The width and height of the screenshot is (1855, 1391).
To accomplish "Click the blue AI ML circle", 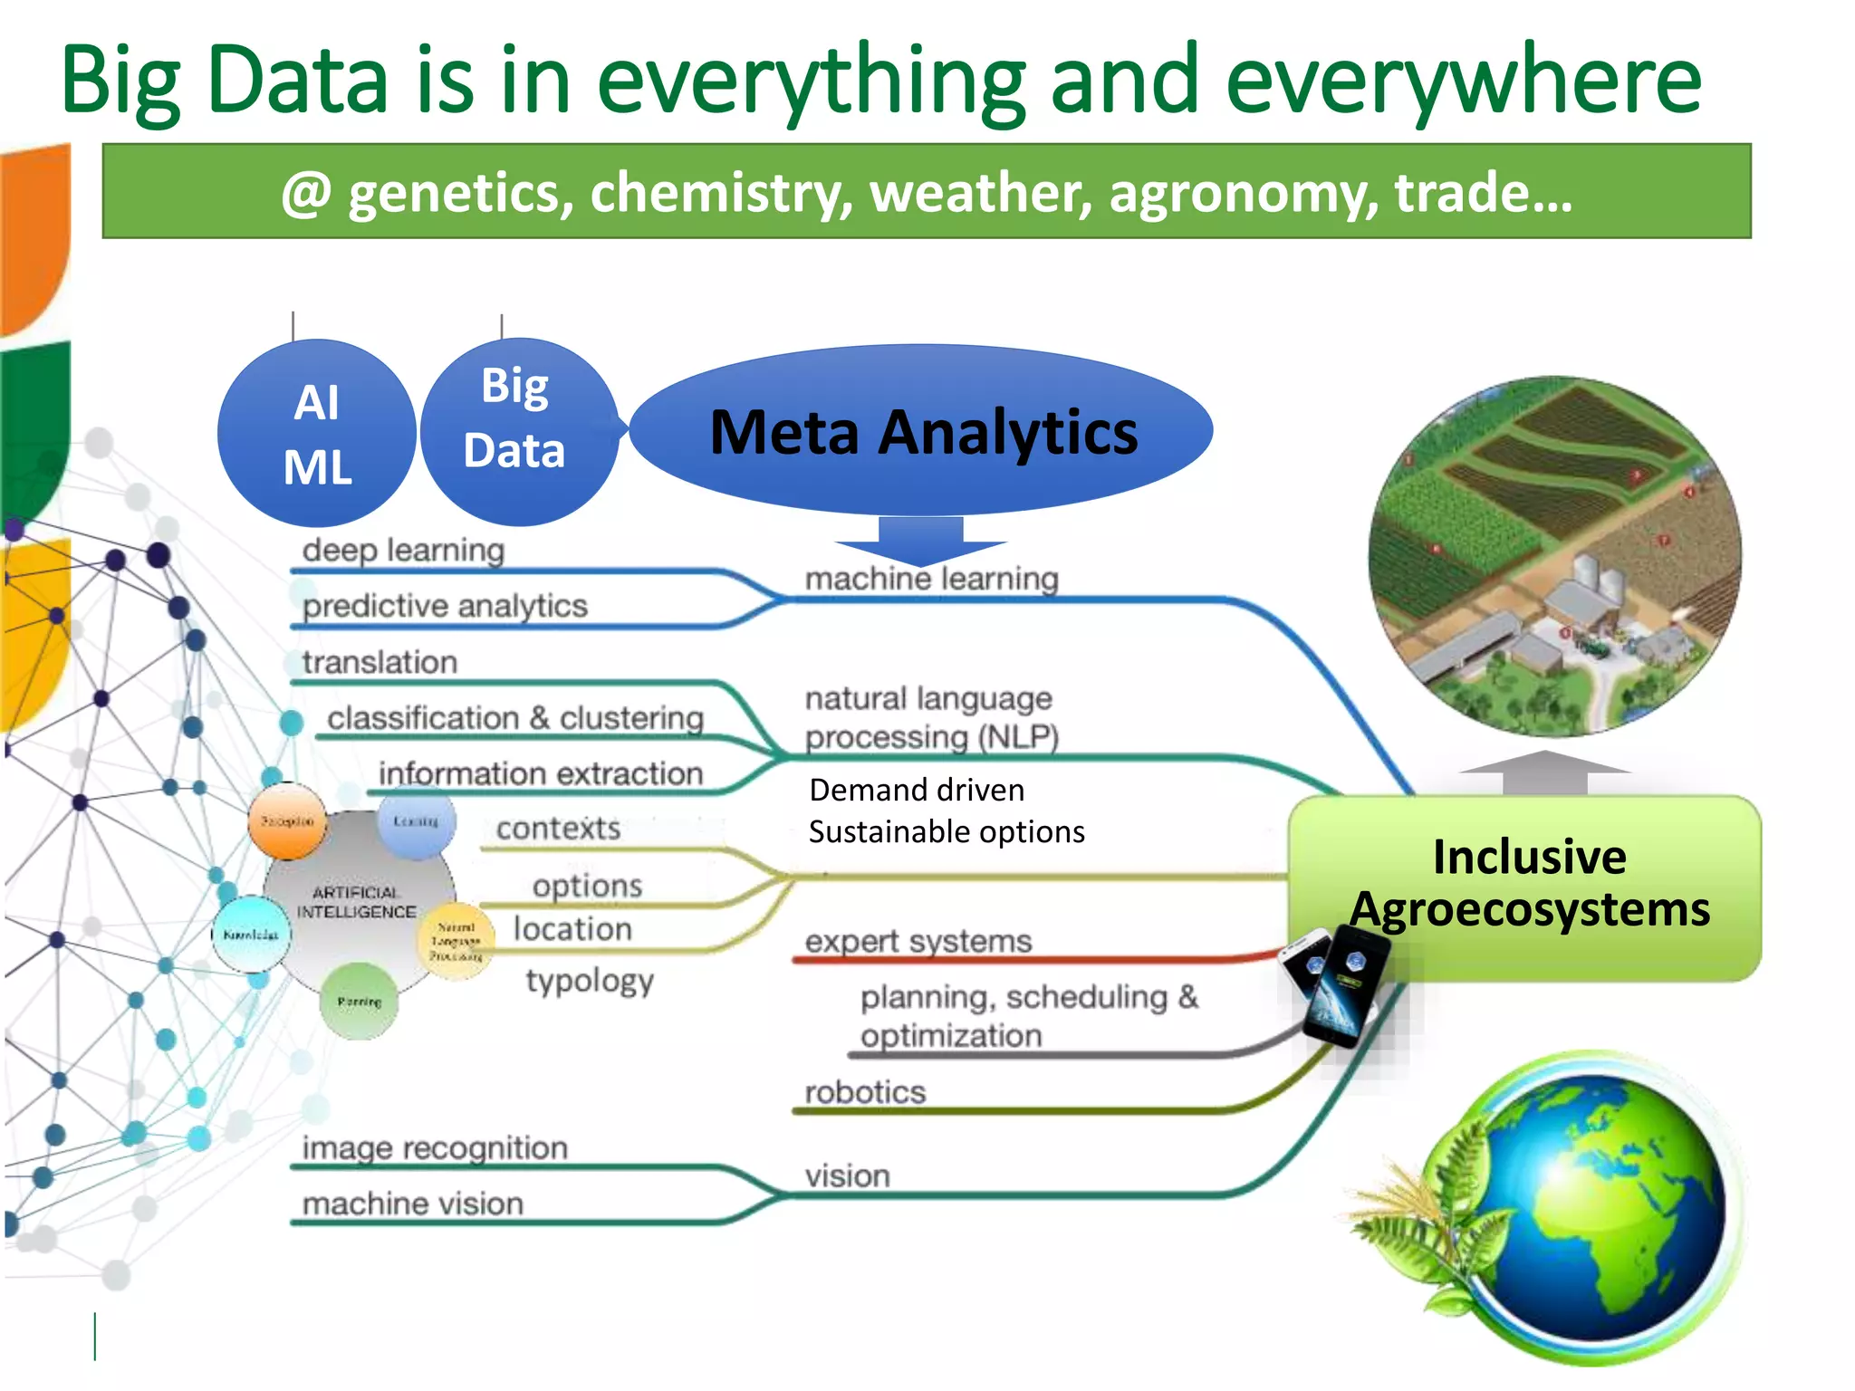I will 317,433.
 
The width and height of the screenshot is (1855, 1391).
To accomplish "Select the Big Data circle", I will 518,431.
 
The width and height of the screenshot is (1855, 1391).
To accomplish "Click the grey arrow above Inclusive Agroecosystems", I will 1545,772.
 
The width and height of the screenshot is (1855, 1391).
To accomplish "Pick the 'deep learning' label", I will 403,550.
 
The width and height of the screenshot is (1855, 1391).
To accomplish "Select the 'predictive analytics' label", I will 445,606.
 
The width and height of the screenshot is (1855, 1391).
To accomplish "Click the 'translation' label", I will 380,662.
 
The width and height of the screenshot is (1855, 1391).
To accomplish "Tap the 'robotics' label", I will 865,1092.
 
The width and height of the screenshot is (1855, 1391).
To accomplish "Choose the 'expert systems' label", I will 918,941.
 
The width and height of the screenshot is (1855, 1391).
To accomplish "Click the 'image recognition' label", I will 435,1147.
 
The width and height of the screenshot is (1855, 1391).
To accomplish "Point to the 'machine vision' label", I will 413,1204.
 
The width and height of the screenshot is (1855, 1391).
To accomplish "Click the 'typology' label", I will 590,981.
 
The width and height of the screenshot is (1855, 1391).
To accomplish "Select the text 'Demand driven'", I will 917,790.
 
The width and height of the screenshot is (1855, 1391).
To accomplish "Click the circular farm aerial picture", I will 1554,557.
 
